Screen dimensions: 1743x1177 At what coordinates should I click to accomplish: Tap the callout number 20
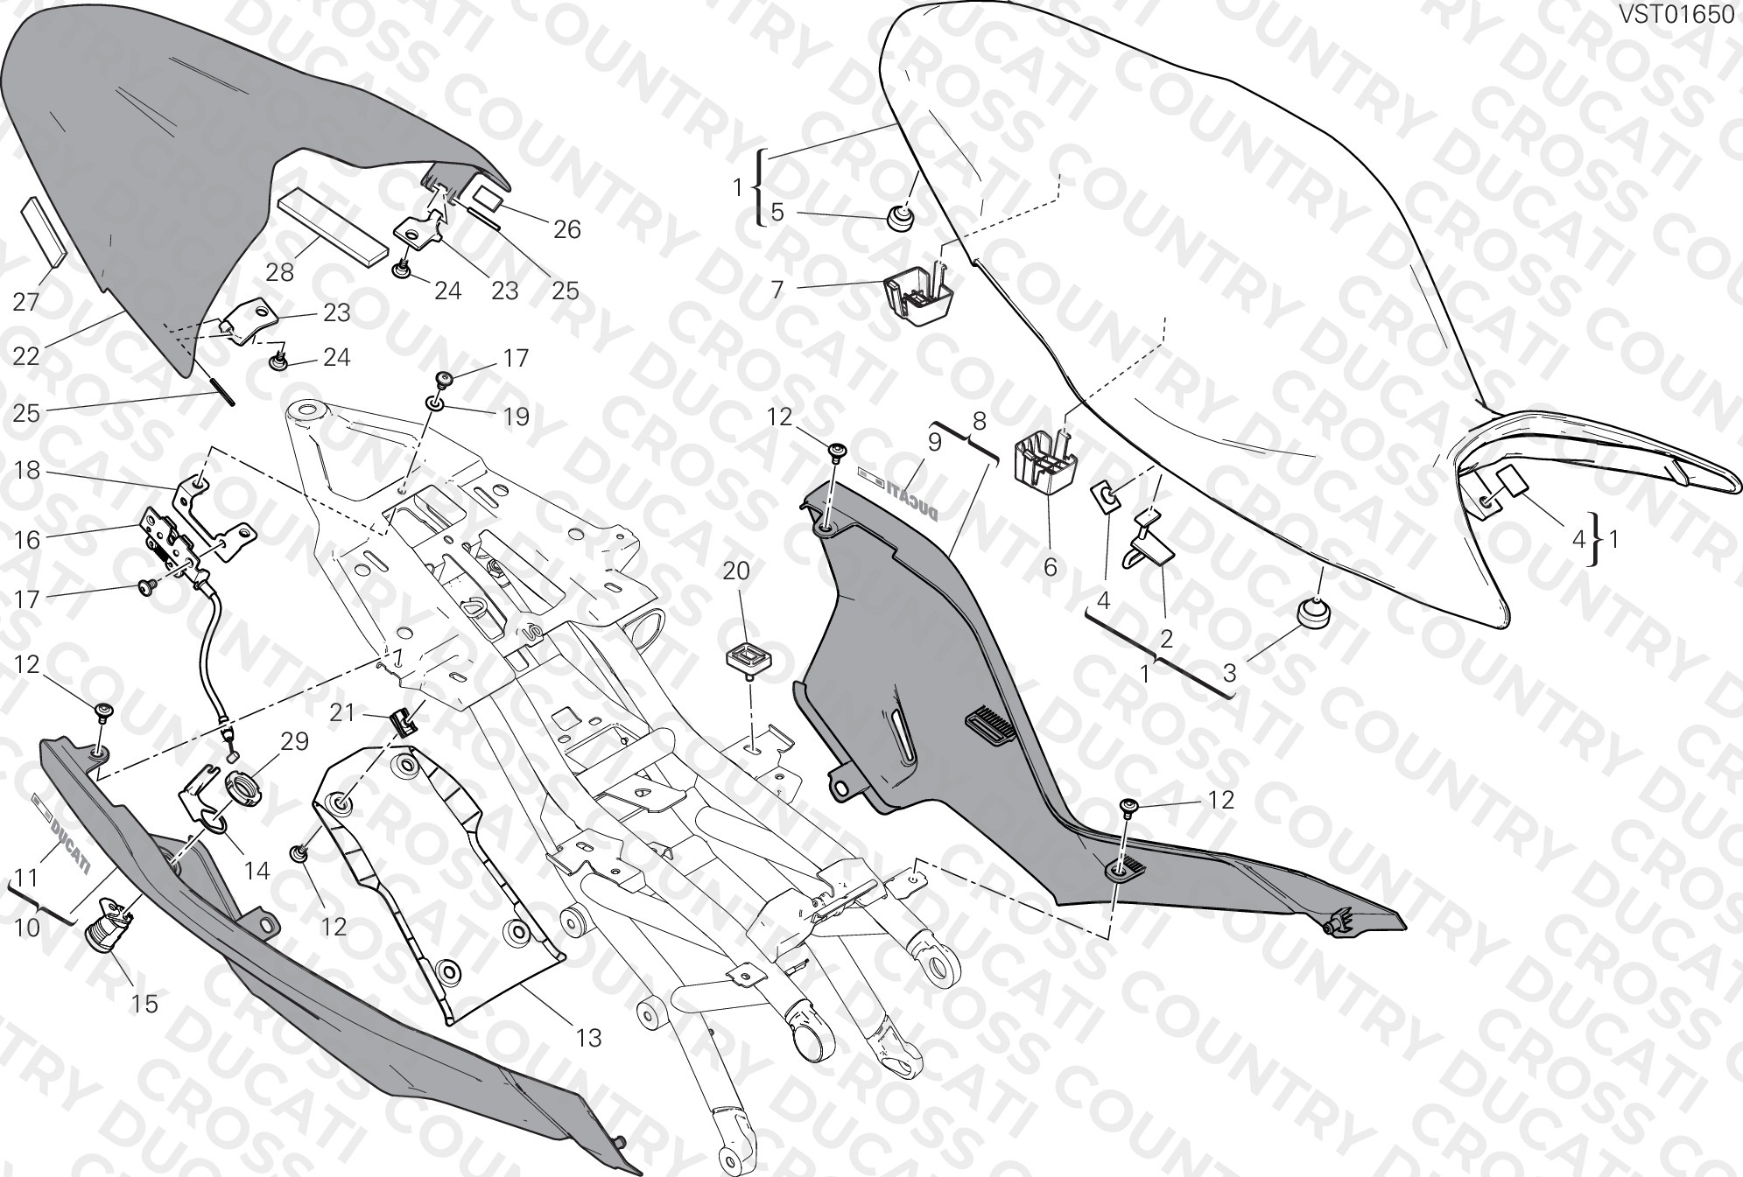pyautogui.click(x=736, y=571)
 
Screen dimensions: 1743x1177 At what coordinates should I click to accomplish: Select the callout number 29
pyautogui.click(x=294, y=741)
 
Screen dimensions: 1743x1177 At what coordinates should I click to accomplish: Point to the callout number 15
pyautogui.click(x=144, y=1004)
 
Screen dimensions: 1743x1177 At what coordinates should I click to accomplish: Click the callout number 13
pyautogui.click(x=589, y=1038)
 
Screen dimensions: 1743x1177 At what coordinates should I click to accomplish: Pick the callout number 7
pyautogui.click(x=777, y=290)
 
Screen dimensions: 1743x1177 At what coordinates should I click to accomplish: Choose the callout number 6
pyautogui.click(x=1050, y=568)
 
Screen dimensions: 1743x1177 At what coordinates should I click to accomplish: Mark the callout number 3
pyautogui.click(x=1230, y=673)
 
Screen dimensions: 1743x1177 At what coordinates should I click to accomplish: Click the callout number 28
pyautogui.click(x=280, y=272)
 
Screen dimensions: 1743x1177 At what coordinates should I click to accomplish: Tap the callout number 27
pyautogui.click(x=26, y=302)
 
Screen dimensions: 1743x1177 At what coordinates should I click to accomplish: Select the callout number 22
pyautogui.click(x=27, y=356)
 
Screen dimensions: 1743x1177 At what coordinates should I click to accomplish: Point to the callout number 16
pyautogui.click(x=27, y=540)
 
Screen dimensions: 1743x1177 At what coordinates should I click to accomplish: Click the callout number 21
pyautogui.click(x=342, y=713)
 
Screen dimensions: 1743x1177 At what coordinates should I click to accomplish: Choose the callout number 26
pyautogui.click(x=567, y=229)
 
